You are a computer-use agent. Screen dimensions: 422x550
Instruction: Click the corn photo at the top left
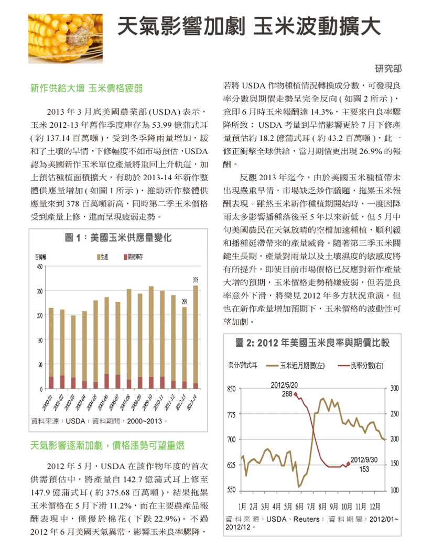(66, 39)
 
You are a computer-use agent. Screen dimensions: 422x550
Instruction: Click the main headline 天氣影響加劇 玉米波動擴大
(249, 26)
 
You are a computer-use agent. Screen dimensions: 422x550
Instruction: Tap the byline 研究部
(388, 69)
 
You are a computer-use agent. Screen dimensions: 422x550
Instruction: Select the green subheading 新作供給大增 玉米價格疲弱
(86, 88)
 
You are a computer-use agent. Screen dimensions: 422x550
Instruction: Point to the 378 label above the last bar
(196, 280)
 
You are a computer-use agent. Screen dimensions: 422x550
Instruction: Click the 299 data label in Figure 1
(185, 302)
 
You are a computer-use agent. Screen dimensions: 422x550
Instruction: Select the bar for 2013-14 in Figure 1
(196, 337)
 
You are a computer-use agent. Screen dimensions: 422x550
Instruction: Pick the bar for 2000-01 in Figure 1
(51, 348)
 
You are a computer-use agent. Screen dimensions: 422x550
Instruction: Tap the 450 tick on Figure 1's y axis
(40, 267)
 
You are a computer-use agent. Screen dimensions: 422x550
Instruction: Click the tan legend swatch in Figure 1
(99, 257)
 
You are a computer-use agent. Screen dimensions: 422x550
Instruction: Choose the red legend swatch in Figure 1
(125, 257)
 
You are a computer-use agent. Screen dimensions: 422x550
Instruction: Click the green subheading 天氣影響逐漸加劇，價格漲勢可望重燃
(107, 445)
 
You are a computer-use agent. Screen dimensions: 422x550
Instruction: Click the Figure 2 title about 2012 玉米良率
(312, 343)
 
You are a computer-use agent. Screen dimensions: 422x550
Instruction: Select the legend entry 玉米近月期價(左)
(295, 366)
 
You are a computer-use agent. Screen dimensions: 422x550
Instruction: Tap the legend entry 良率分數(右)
(361, 366)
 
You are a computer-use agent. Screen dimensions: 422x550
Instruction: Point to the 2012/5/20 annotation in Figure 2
(284, 385)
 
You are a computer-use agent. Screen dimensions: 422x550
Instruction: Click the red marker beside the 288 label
(295, 394)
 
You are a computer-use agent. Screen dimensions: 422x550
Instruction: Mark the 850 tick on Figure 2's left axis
(231, 389)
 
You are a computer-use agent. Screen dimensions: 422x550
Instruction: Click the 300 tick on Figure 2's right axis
(395, 388)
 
